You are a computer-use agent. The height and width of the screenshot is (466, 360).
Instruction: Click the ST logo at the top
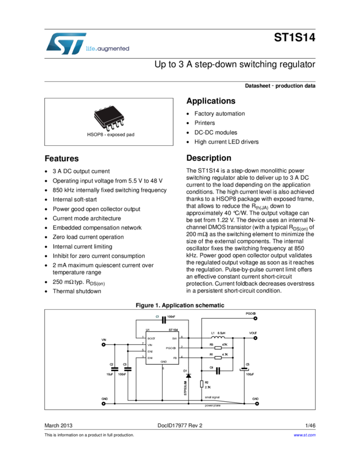click(x=65, y=43)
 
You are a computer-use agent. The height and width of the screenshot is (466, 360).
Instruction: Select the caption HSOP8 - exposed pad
click(x=109, y=134)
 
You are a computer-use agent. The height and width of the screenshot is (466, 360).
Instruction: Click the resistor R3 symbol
click(x=218, y=348)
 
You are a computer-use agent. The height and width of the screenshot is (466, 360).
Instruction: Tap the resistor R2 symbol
click(x=202, y=384)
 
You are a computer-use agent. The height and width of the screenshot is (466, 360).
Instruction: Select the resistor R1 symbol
click(x=218, y=357)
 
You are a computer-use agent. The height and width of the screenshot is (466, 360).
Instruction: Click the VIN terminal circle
click(x=104, y=345)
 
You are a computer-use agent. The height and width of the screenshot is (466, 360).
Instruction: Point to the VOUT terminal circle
click(x=256, y=338)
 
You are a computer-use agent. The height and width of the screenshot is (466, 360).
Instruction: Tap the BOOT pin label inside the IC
click(x=151, y=338)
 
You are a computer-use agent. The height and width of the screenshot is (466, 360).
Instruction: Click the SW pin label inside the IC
click(x=174, y=338)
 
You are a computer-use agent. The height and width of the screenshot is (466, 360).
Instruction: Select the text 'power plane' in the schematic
click(x=213, y=406)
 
